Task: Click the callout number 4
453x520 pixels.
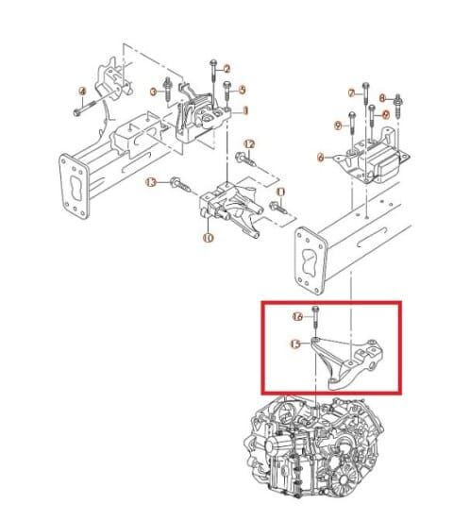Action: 81,92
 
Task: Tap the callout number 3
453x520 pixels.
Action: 154,92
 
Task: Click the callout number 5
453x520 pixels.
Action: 242,90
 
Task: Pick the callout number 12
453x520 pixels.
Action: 249,143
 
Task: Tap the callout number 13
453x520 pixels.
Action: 150,183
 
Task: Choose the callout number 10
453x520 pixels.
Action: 207,238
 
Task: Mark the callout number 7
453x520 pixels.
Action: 352,92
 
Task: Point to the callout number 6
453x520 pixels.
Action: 323,157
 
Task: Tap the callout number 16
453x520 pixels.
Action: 297,317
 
